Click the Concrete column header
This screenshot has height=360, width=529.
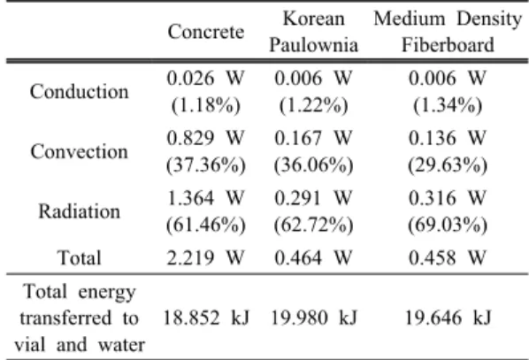click(x=206, y=32)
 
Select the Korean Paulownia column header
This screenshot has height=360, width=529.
click(x=313, y=32)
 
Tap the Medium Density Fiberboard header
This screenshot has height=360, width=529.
click(x=448, y=32)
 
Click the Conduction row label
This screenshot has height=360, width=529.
click(x=80, y=92)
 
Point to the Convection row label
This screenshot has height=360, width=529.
click(x=80, y=151)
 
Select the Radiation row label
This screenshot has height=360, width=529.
click(x=80, y=211)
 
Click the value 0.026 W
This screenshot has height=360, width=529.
click(x=205, y=78)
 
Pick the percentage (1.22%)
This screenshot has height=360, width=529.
click(x=313, y=105)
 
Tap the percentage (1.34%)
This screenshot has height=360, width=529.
click(x=448, y=105)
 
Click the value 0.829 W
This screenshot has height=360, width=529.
click(x=205, y=138)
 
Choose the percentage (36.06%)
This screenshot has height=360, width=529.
click(x=313, y=165)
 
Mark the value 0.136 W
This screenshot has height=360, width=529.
click(x=448, y=138)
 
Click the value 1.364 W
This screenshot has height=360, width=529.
click(x=205, y=198)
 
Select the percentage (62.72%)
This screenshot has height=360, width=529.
click(x=313, y=225)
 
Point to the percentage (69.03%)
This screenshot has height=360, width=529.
click(x=448, y=225)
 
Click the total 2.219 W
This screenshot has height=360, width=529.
click(x=205, y=257)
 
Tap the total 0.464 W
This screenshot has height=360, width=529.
click(x=313, y=257)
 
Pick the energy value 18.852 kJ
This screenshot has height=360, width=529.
click(x=206, y=318)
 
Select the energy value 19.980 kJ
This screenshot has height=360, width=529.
click(x=314, y=318)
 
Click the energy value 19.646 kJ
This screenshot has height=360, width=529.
click(x=448, y=318)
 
